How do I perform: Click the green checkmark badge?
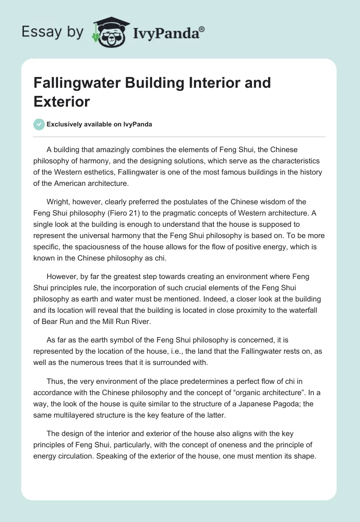(39, 124)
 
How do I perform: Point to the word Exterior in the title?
(62, 101)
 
